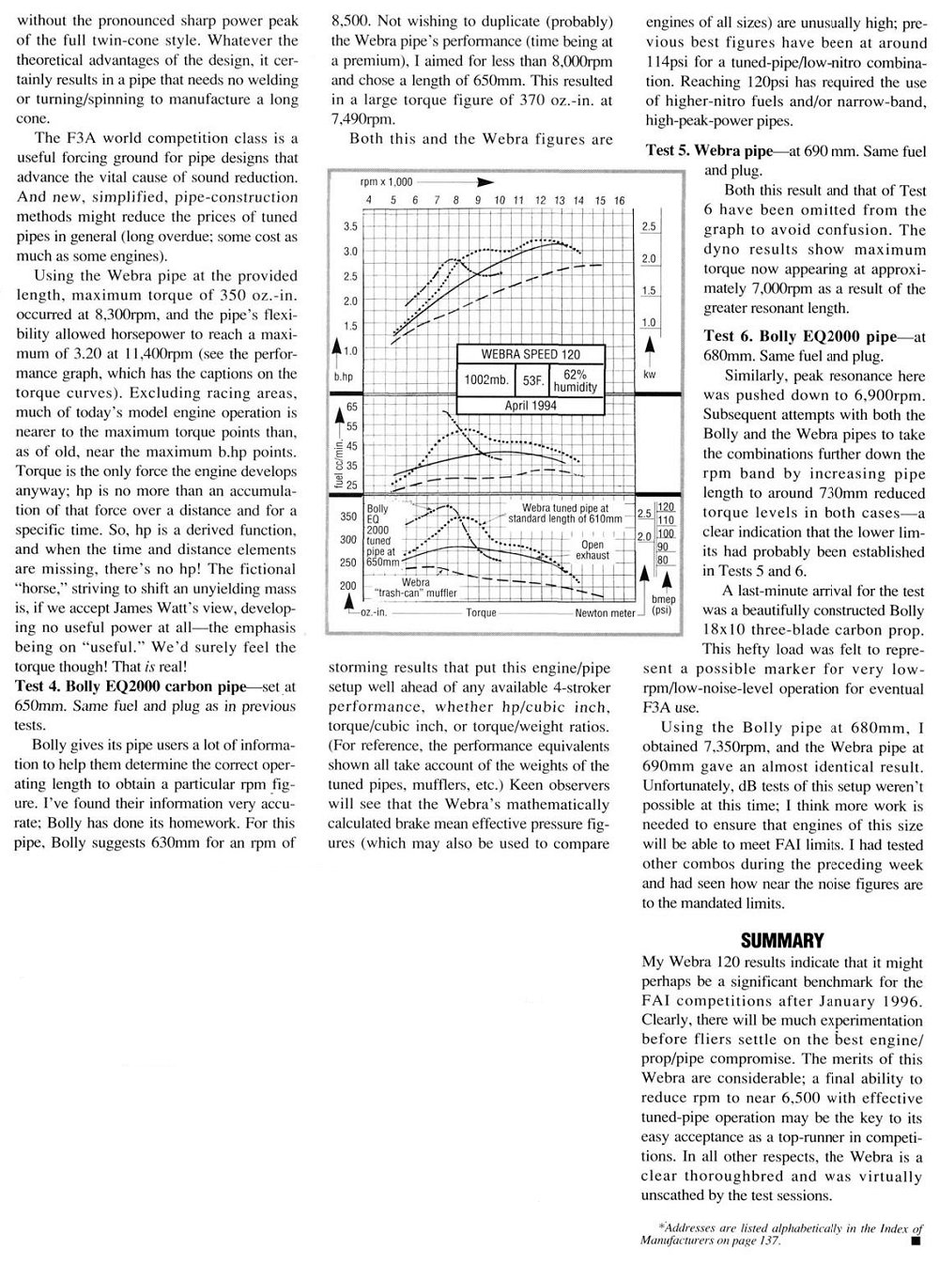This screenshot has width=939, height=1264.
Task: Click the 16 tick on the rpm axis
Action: point(620,201)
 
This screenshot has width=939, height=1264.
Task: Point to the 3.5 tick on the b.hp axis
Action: point(349,227)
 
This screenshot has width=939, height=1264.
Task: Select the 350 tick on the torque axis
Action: point(348,516)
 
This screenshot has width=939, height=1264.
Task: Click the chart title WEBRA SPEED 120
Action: point(531,355)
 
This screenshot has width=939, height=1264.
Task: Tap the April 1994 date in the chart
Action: point(531,405)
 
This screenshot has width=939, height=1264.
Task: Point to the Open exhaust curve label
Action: point(593,549)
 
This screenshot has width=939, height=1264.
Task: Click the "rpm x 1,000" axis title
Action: point(387,182)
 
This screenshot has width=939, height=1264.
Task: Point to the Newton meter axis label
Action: point(605,612)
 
